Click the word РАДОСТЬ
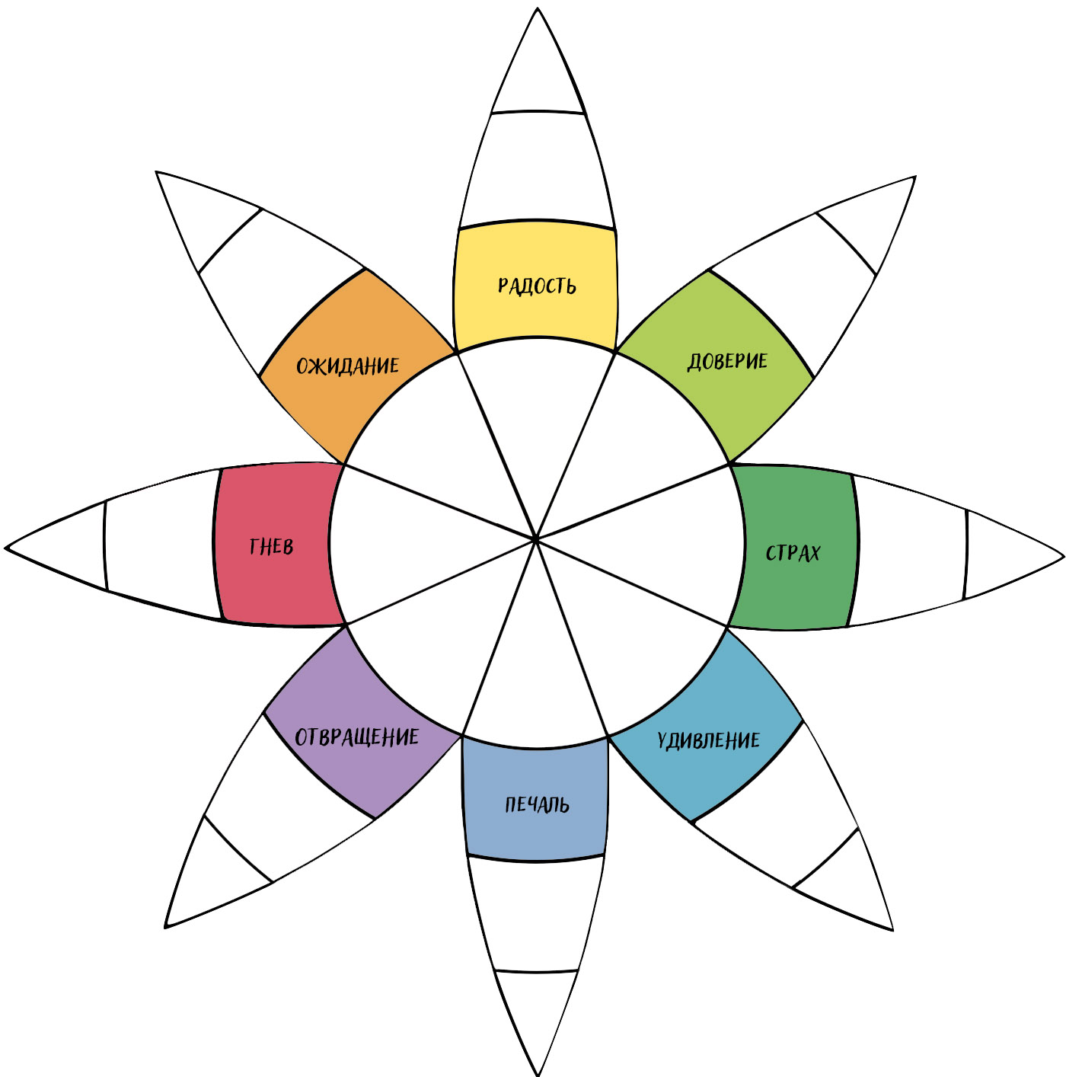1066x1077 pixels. pos(537,286)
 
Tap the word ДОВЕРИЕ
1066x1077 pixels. pos(727,361)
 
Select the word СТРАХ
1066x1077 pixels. pos(793,553)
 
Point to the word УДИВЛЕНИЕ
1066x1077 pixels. pos(708,740)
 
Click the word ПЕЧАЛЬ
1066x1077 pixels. pos(537,805)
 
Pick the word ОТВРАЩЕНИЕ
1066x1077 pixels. pos(356,737)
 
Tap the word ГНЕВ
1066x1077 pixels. pos(271,547)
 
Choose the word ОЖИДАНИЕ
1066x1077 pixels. pos(347,366)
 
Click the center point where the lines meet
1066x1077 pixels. pos(536,539)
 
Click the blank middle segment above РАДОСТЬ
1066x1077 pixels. pos(538,169)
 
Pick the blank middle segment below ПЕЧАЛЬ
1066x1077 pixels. pos(537,914)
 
